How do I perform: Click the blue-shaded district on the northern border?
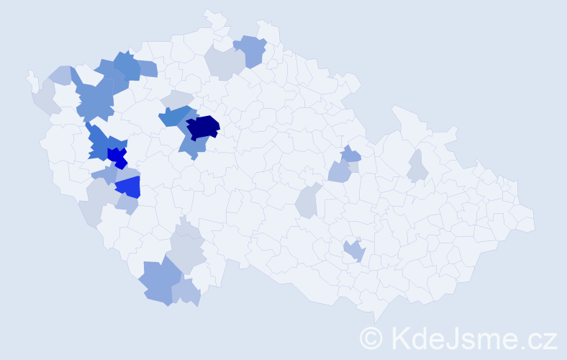[x=251, y=50]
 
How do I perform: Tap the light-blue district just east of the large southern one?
[x=186, y=292]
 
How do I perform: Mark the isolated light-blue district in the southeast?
[x=354, y=251]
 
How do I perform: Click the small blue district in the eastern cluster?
[x=350, y=153]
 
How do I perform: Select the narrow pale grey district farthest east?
[x=417, y=166]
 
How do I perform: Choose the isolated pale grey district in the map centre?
[x=307, y=201]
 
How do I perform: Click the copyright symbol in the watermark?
[x=371, y=337]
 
